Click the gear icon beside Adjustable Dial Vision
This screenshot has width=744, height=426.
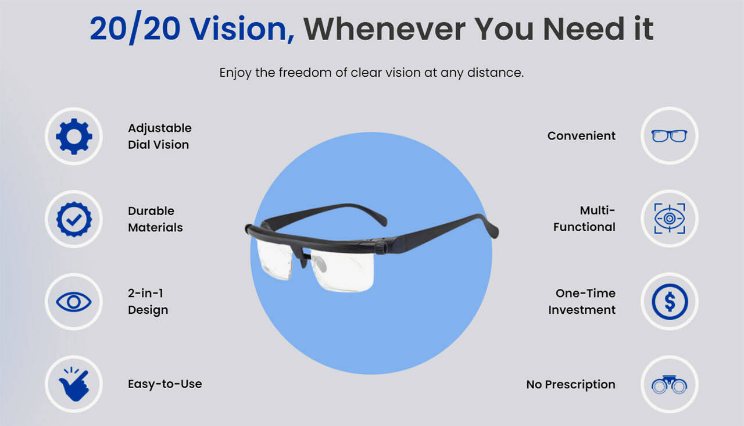pyautogui.click(x=74, y=136)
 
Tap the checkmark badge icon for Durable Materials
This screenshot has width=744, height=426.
pyautogui.click(x=74, y=219)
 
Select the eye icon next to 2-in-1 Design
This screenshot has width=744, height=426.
pyautogui.click(x=74, y=302)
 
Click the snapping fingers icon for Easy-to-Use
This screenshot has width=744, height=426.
pyautogui.click(x=74, y=384)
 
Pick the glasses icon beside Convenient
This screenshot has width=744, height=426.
pyautogui.click(x=669, y=136)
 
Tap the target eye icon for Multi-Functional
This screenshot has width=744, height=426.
pyautogui.click(x=669, y=219)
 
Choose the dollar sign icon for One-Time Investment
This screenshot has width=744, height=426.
pyautogui.click(x=669, y=302)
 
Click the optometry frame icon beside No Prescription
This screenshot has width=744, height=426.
pyautogui.click(x=669, y=384)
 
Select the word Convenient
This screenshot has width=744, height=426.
pyautogui.click(x=581, y=136)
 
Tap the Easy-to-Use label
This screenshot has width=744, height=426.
pyautogui.click(x=165, y=384)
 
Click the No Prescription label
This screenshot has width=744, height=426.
pyautogui.click(x=571, y=385)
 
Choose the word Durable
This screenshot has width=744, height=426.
pyautogui.click(x=151, y=211)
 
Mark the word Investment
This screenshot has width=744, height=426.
pyautogui.click(x=582, y=310)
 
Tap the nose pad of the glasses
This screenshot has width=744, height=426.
pyautogui.click(x=318, y=266)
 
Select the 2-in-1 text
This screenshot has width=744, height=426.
pyautogui.click(x=145, y=293)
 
